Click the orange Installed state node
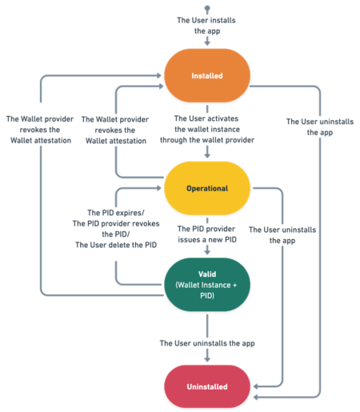[207, 77]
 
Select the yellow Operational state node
[207, 189]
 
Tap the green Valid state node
[207, 284]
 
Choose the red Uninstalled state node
[207, 386]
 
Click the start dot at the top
[207, 7]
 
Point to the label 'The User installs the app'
[207, 26]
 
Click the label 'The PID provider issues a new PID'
[207, 234]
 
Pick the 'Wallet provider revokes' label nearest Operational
[116, 128]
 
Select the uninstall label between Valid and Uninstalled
[207, 343]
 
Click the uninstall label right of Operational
[282, 234]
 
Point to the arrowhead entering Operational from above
[207, 158]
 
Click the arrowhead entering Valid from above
[207, 254]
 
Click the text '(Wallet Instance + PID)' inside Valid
[207, 290]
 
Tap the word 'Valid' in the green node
[207, 274]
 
